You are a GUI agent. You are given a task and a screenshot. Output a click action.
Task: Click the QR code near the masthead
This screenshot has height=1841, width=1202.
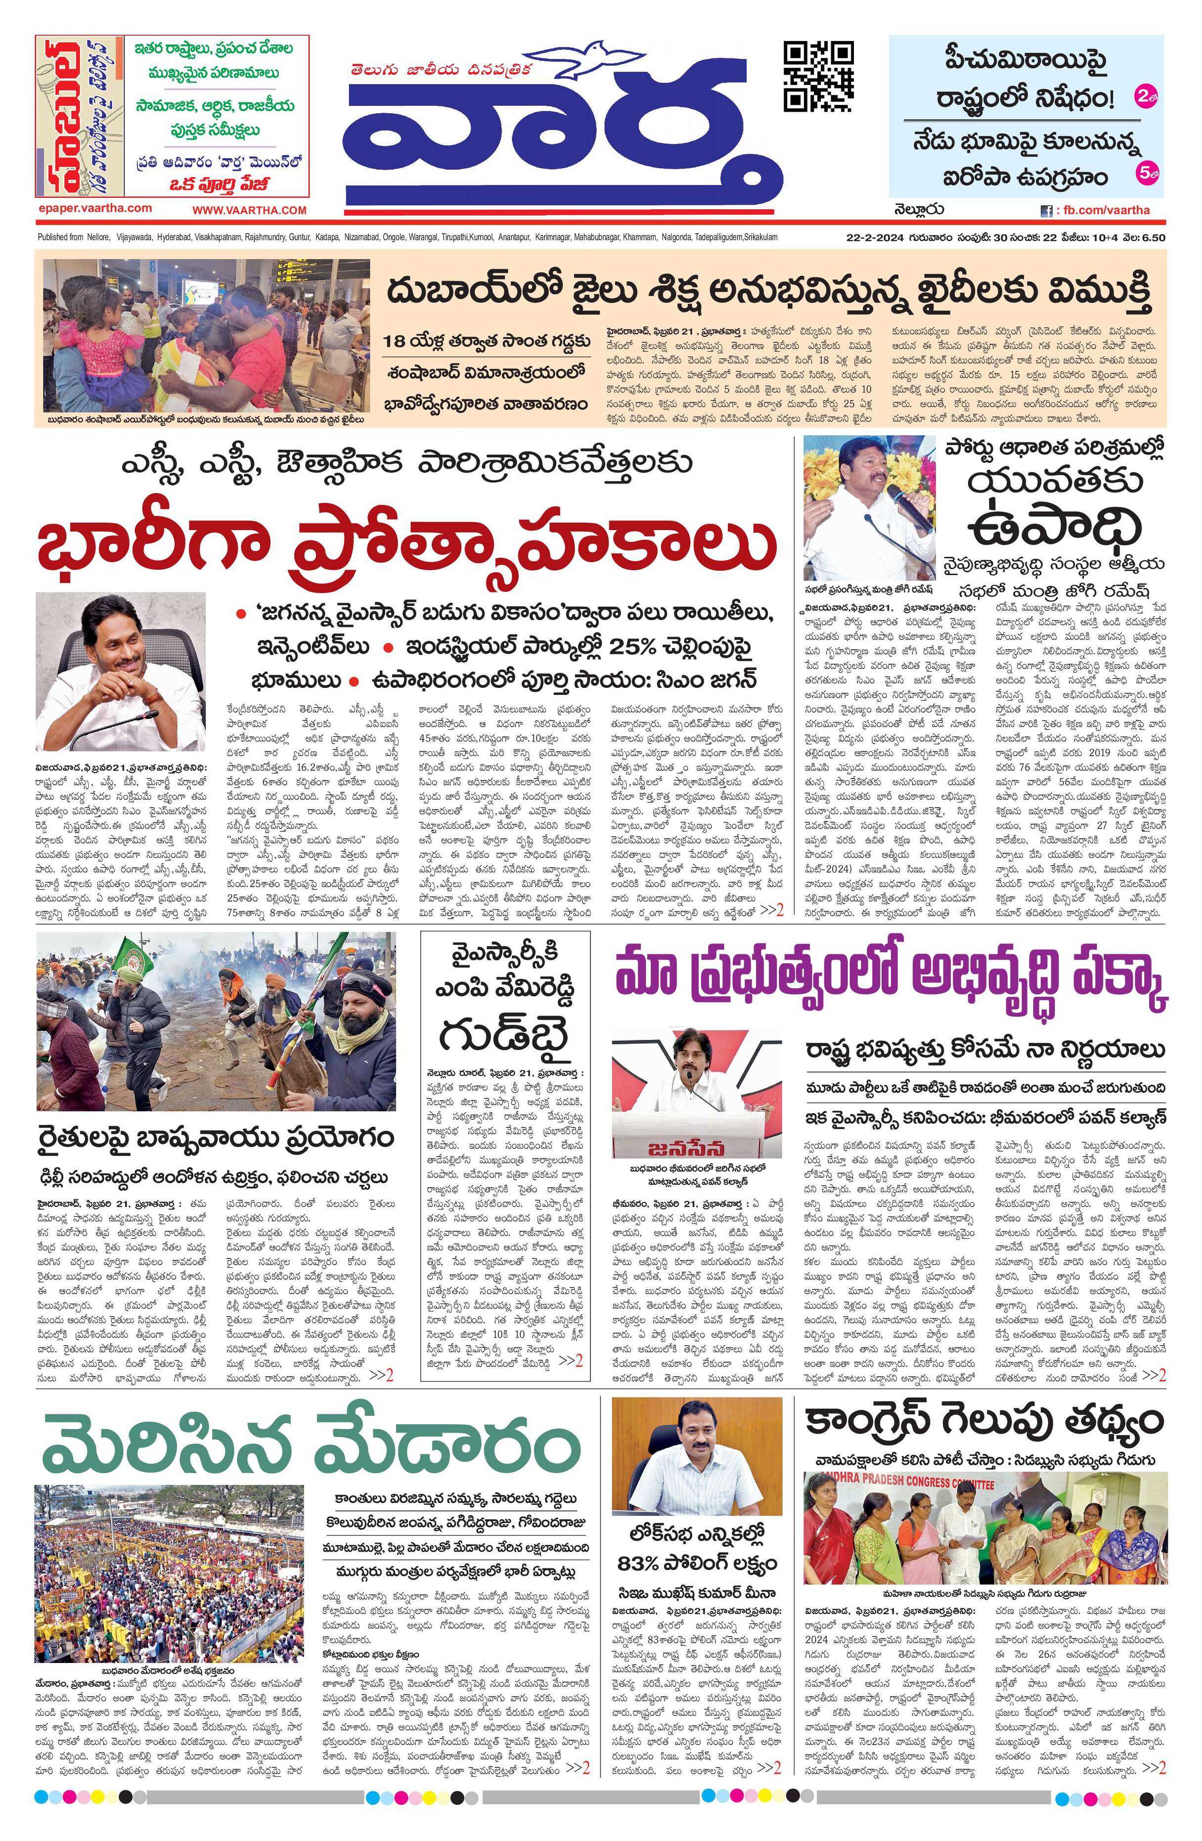coord(819,76)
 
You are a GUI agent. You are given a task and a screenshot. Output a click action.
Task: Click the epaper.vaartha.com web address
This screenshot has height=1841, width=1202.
coord(94,208)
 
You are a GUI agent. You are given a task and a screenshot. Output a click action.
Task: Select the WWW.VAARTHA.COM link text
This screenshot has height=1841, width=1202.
coord(249,210)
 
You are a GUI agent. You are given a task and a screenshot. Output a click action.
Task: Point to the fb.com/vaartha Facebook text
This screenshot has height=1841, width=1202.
coord(1105,210)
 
